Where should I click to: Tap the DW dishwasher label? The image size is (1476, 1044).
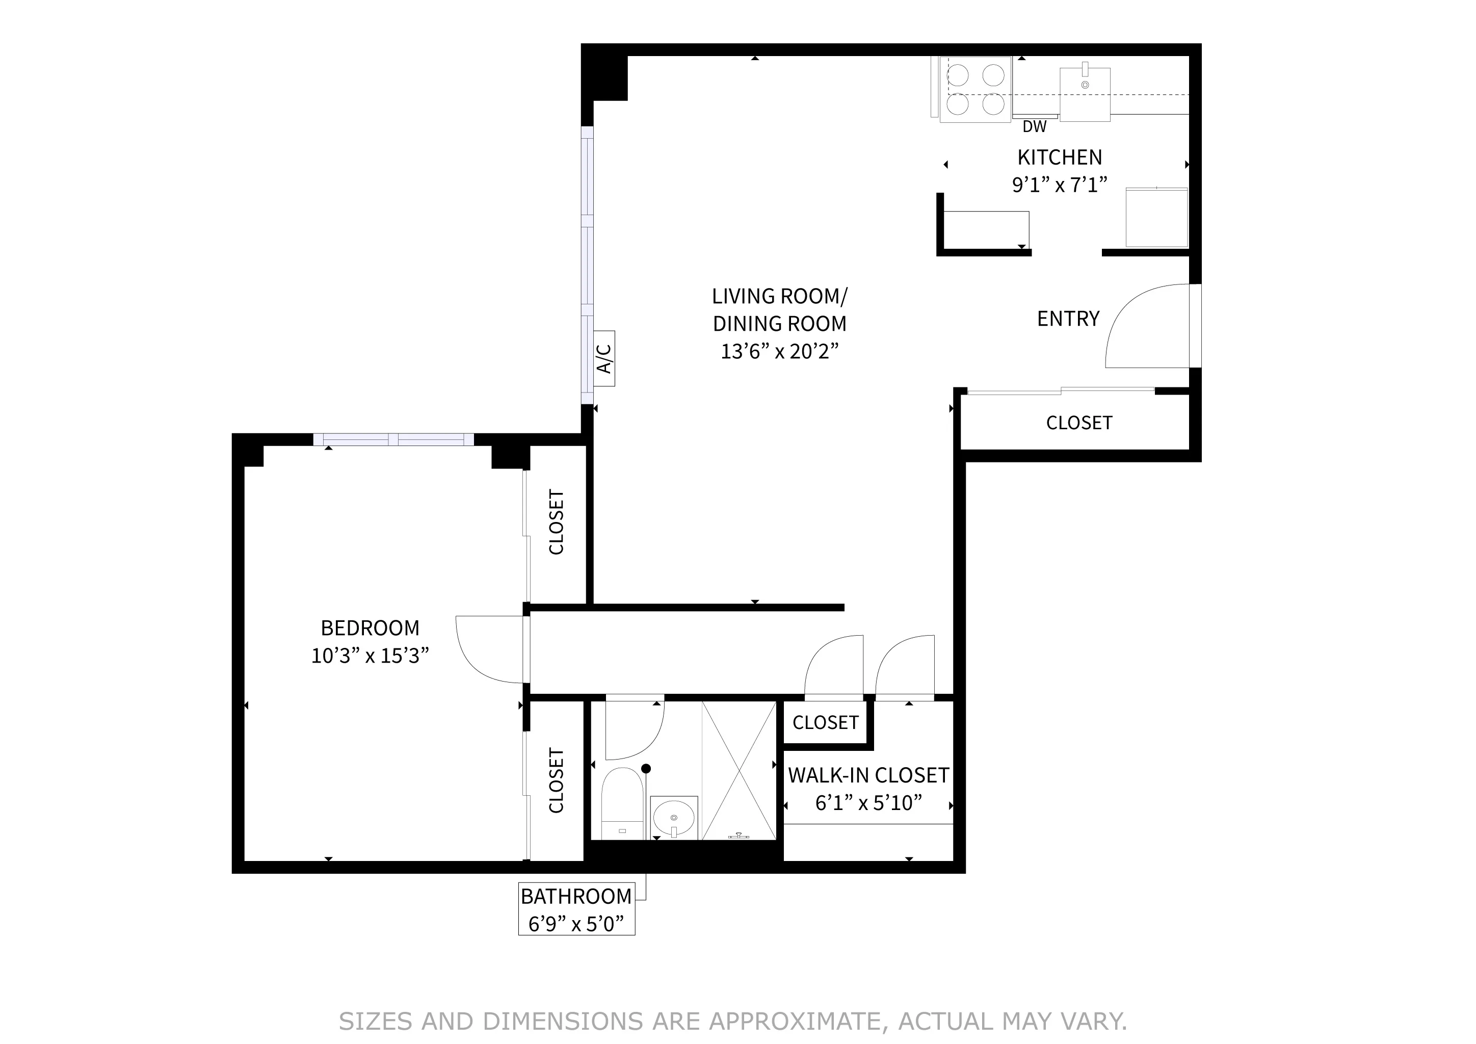pyautogui.click(x=1034, y=126)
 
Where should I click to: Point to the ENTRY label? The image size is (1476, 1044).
pyautogui.click(x=1068, y=319)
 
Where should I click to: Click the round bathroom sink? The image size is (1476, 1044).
pyautogui.click(x=673, y=818)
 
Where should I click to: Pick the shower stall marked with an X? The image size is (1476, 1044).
pyautogui.click(x=739, y=771)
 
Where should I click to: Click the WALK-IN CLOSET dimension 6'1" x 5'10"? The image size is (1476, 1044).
pyautogui.click(x=868, y=803)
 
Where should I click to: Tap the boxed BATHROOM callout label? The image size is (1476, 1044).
pyautogui.click(x=576, y=909)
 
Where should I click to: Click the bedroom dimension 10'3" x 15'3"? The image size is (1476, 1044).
pyautogui.click(x=370, y=656)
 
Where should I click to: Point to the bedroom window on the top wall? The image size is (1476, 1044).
pyautogui.click(x=393, y=440)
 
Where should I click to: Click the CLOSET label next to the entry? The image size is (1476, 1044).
pyautogui.click(x=1079, y=423)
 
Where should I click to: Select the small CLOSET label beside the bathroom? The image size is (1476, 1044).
pyautogui.click(x=826, y=722)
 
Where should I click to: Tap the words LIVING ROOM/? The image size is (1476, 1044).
pyautogui.click(x=779, y=296)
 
